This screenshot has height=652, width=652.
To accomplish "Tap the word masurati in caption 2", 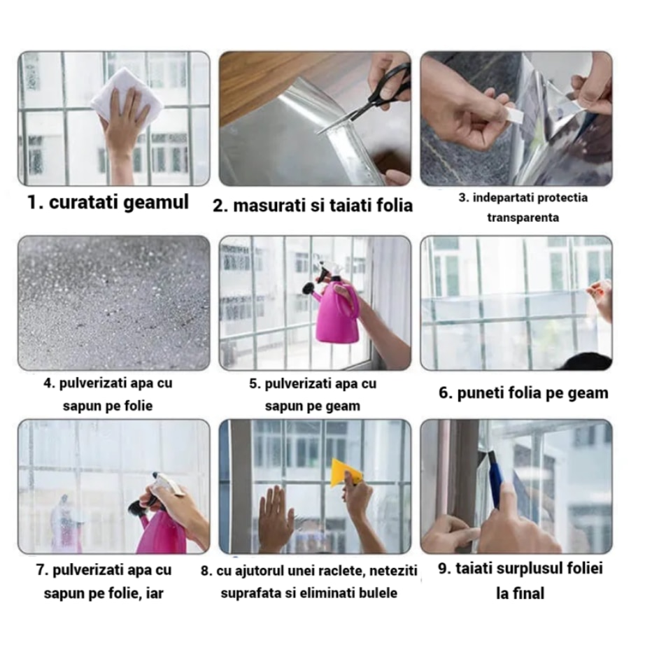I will [265, 206].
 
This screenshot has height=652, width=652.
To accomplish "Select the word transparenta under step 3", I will [523, 218].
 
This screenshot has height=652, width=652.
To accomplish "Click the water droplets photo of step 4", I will [113, 302].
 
